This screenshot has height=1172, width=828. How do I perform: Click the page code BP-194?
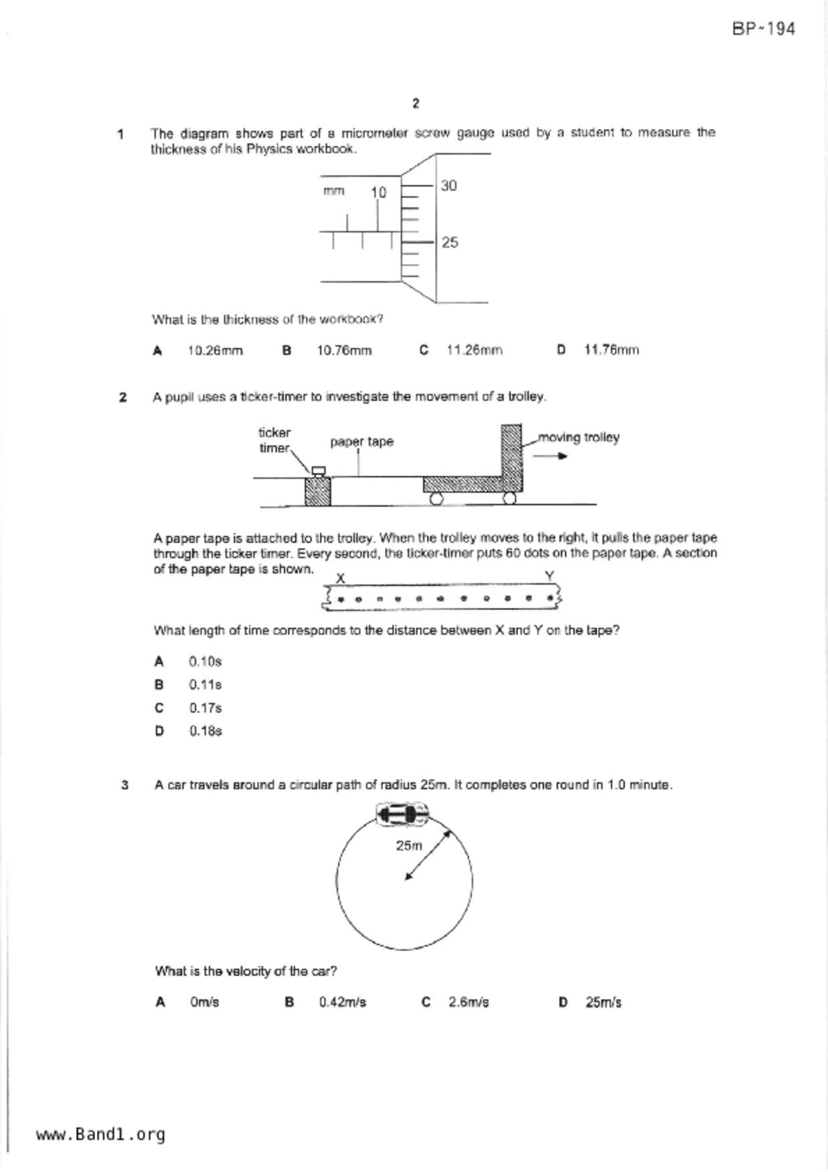click(x=763, y=29)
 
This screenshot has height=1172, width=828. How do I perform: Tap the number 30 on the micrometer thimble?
click(x=449, y=186)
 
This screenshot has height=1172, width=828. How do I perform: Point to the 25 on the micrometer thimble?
click(x=450, y=243)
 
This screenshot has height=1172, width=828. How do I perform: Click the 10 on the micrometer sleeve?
click(x=378, y=192)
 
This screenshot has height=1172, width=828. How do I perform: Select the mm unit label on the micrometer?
click(x=333, y=191)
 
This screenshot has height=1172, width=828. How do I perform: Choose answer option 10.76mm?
click(x=343, y=350)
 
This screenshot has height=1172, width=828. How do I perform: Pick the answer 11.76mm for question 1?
click(x=611, y=350)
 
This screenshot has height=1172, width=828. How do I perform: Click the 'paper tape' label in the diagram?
click(x=362, y=442)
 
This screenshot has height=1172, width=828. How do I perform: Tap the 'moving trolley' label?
click(x=579, y=438)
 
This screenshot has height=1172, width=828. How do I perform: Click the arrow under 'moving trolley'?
click(x=550, y=456)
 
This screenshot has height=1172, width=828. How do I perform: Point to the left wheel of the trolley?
click(x=436, y=498)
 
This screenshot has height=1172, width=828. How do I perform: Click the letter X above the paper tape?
click(x=340, y=578)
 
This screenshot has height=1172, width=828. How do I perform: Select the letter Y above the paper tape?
click(x=549, y=576)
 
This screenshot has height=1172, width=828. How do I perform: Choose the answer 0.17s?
click(x=204, y=708)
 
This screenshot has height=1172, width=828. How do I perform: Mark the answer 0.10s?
click(x=204, y=662)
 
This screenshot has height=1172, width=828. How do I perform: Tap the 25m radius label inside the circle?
click(x=409, y=846)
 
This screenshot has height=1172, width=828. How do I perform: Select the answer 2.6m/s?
click(x=468, y=1002)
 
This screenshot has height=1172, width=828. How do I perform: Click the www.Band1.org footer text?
click(x=100, y=1134)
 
